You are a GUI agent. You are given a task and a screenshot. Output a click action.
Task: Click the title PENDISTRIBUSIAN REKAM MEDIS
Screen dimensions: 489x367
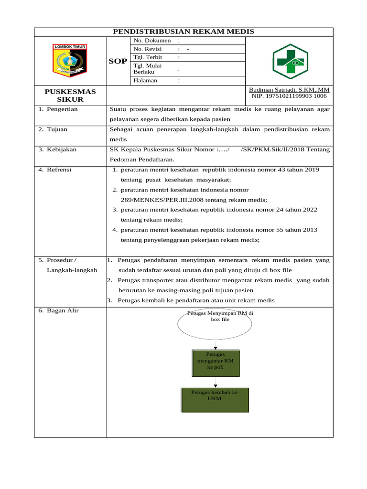183,32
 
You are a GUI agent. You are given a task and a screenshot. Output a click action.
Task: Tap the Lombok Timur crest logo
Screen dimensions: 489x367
70,61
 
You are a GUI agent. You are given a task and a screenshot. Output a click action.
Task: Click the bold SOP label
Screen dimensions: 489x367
118,61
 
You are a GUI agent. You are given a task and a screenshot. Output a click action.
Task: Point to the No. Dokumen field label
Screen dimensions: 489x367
152,41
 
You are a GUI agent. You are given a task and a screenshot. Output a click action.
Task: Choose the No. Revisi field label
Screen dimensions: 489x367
148,49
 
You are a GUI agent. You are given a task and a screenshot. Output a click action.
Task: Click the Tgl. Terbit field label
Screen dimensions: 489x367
148,57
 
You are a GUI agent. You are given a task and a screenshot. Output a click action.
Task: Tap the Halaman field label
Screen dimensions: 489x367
145,81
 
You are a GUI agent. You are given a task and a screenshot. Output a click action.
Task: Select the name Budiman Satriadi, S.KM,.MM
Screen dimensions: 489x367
289,90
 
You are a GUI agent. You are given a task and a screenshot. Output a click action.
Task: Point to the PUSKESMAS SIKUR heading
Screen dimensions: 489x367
70,96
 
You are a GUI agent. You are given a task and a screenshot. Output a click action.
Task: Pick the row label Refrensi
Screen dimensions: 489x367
59,170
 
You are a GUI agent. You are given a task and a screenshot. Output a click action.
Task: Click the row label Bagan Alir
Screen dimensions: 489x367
63,311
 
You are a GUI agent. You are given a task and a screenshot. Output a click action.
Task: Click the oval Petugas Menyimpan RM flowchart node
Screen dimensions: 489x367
215,324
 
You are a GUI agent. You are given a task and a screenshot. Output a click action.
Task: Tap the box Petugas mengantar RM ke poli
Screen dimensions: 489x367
216,361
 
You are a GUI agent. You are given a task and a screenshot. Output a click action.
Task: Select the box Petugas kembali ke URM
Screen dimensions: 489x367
215,400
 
